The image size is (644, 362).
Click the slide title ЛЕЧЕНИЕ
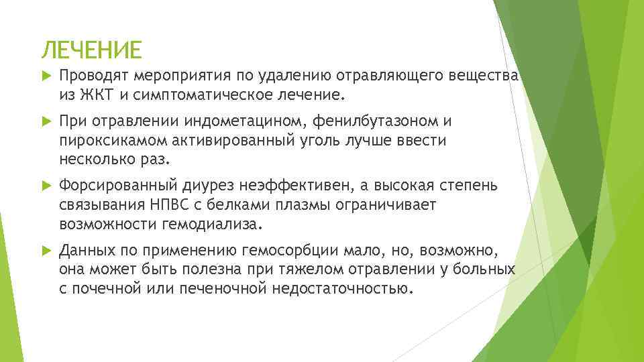click(92, 50)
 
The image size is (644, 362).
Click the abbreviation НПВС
click(183, 205)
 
